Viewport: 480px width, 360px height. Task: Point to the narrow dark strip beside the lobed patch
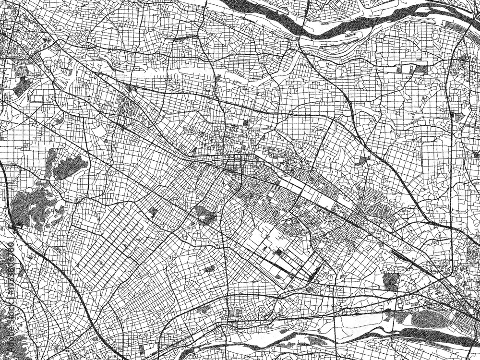pyautogui.click(x=50, y=161)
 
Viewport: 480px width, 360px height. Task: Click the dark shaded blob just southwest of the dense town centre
pyautogui.click(x=205, y=216)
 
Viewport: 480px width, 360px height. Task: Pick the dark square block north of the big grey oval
pyautogui.click(x=391, y=281)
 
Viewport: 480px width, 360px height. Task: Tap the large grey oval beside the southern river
pyautogui.click(x=430, y=317)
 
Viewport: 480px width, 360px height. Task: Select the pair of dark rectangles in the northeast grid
pyautogui.click(x=413, y=70)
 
